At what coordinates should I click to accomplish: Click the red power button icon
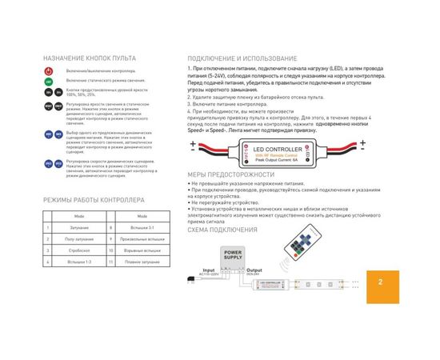pyautogui.click(x=49, y=72)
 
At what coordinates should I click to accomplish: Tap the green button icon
pyautogui.click(x=49, y=82)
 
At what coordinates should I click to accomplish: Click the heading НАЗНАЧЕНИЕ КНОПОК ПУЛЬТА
pyautogui.click(x=90, y=59)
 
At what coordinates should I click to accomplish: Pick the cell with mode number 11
pyautogui.click(x=109, y=261)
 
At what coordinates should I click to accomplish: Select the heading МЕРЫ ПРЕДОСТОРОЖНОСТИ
pyautogui.click(x=230, y=174)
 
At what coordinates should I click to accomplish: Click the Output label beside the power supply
pyautogui.click(x=253, y=270)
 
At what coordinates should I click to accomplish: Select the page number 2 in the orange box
pyautogui.click(x=381, y=282)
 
